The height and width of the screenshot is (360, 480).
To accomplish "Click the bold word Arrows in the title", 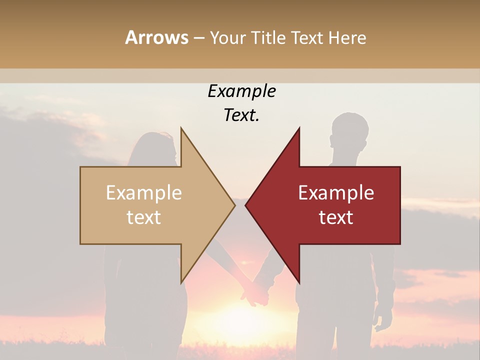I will tap(157, 37).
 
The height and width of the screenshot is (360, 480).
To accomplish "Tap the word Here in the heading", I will tap(347, 37).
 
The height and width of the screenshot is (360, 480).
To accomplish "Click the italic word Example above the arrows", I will tap(241, 91).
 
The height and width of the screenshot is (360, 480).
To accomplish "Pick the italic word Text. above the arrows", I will tap(241, 115).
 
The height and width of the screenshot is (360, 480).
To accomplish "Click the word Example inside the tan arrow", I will tap(144, 193).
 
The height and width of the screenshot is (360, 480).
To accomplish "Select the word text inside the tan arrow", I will tap(144, 217).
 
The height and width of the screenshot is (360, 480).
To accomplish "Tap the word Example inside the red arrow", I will tap(336, 193).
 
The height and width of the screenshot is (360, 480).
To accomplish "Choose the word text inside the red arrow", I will tap(336, 217).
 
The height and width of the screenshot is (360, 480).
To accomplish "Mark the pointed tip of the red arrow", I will tap(246, 205).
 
